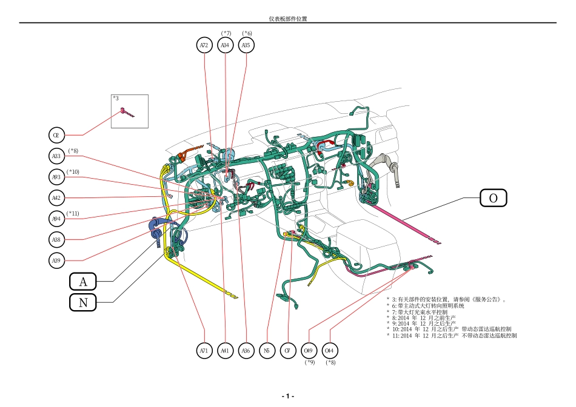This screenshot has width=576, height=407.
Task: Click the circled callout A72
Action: point(204,45)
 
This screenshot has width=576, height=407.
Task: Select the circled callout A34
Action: point(225,45)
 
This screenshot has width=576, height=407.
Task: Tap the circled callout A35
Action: point(246,45)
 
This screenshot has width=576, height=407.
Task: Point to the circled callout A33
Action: point(56,156)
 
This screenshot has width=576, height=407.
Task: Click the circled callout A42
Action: point(56,197)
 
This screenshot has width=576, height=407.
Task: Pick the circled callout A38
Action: point(56,240)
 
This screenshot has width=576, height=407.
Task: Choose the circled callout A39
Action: point(56,261)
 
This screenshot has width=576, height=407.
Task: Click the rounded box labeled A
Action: point(84,282)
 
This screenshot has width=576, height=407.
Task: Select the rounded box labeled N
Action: point(84,302)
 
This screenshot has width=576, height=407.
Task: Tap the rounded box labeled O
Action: point(493,198)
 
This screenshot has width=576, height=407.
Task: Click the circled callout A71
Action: point(204,350)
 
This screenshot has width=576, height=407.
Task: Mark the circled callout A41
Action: point(225,350)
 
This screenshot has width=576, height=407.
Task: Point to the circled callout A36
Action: point(246,350)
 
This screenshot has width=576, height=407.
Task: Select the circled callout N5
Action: point(267,350)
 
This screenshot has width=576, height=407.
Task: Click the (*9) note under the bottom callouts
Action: point(309,362)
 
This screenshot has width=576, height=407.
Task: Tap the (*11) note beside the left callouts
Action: point(73,213)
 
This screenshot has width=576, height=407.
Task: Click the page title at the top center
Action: point(288,19)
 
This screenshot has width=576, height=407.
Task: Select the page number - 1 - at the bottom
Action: point(288,395)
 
